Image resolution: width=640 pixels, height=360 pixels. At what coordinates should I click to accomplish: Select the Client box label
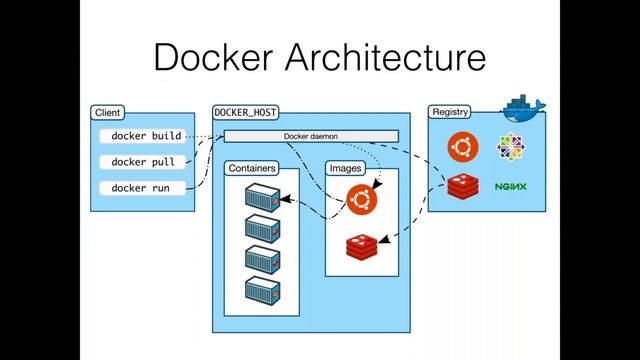point(107,113)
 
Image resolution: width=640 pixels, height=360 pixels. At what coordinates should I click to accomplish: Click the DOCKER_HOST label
point(245,113)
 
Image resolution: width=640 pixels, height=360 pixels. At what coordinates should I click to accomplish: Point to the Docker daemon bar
point(310,136)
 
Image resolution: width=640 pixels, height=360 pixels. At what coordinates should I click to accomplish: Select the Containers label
point(251,168)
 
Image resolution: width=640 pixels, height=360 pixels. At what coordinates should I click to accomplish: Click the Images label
point(345,168)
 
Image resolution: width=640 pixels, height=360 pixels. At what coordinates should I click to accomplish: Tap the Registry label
point(450,113)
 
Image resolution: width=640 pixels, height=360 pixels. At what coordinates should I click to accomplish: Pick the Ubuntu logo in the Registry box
point(461,146)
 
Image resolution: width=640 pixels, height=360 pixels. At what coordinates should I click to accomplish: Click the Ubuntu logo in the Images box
point(361,201)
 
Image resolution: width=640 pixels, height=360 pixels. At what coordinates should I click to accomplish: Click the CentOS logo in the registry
point(510,146)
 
